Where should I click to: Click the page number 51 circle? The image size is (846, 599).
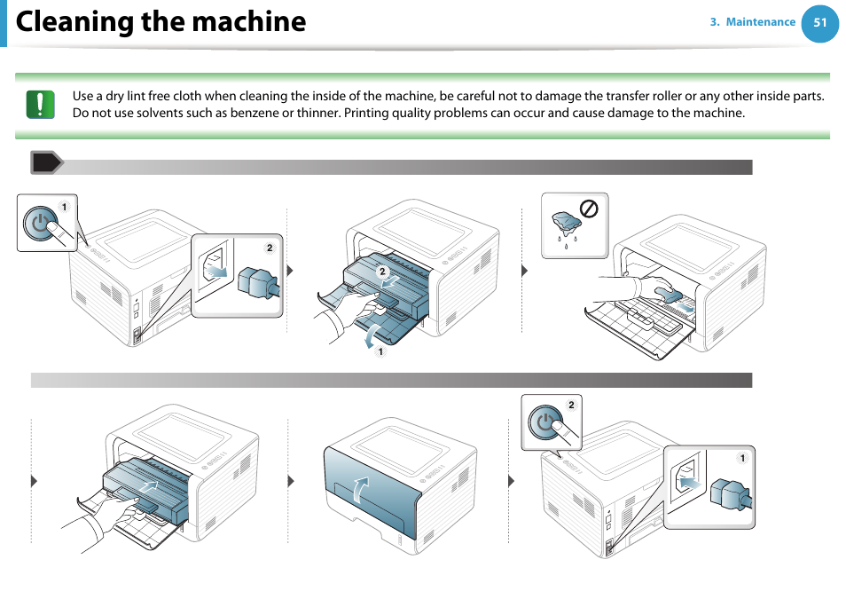point(819,23)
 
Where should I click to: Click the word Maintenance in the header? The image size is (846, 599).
point(760,22)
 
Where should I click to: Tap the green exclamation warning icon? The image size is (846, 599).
point(40,105)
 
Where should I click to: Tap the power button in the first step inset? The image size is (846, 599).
point(40,225)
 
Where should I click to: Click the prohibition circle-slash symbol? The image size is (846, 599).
point(588,209)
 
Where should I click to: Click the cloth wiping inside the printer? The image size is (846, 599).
point(665,294)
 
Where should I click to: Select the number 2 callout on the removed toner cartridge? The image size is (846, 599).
point(382,271)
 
